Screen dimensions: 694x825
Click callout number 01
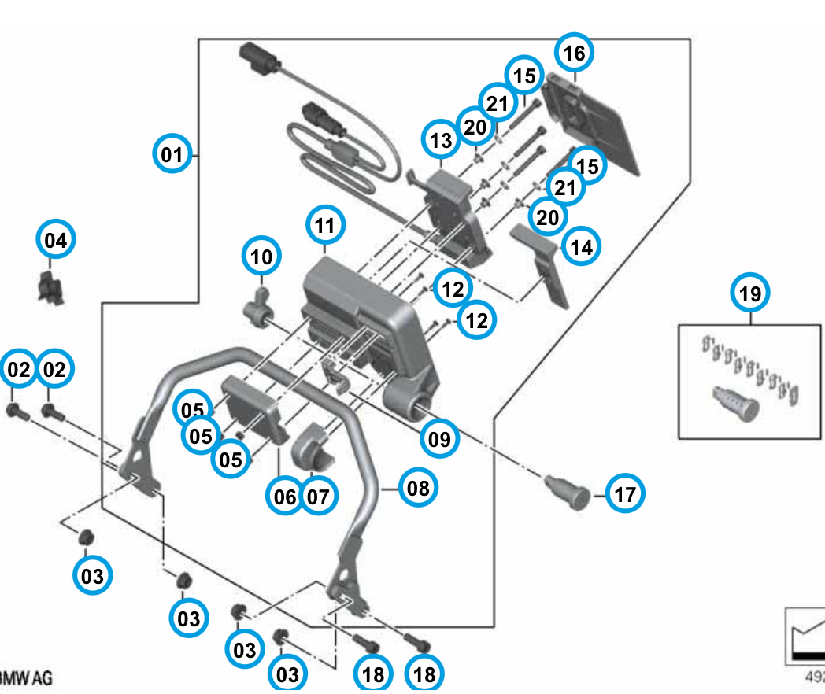(x=171, y=154)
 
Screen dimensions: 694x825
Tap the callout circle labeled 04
(x=56, y=240)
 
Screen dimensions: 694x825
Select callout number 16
(x=575, y=54)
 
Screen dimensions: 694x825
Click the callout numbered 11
(x=325, y=226)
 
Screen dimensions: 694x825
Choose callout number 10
(x=261, y=256)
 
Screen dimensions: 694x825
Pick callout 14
(x=581, y=246)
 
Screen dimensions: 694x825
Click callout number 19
(x=750, y=294)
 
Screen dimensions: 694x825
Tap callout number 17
(x=624, y=495)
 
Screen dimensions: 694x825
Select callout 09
(x=439, y=439)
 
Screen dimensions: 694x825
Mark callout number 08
(x=418, y=488)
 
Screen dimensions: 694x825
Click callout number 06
(x=285, y=497)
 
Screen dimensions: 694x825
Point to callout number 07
(x=318, y=497)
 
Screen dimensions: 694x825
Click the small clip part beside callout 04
(x=51, y=289)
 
